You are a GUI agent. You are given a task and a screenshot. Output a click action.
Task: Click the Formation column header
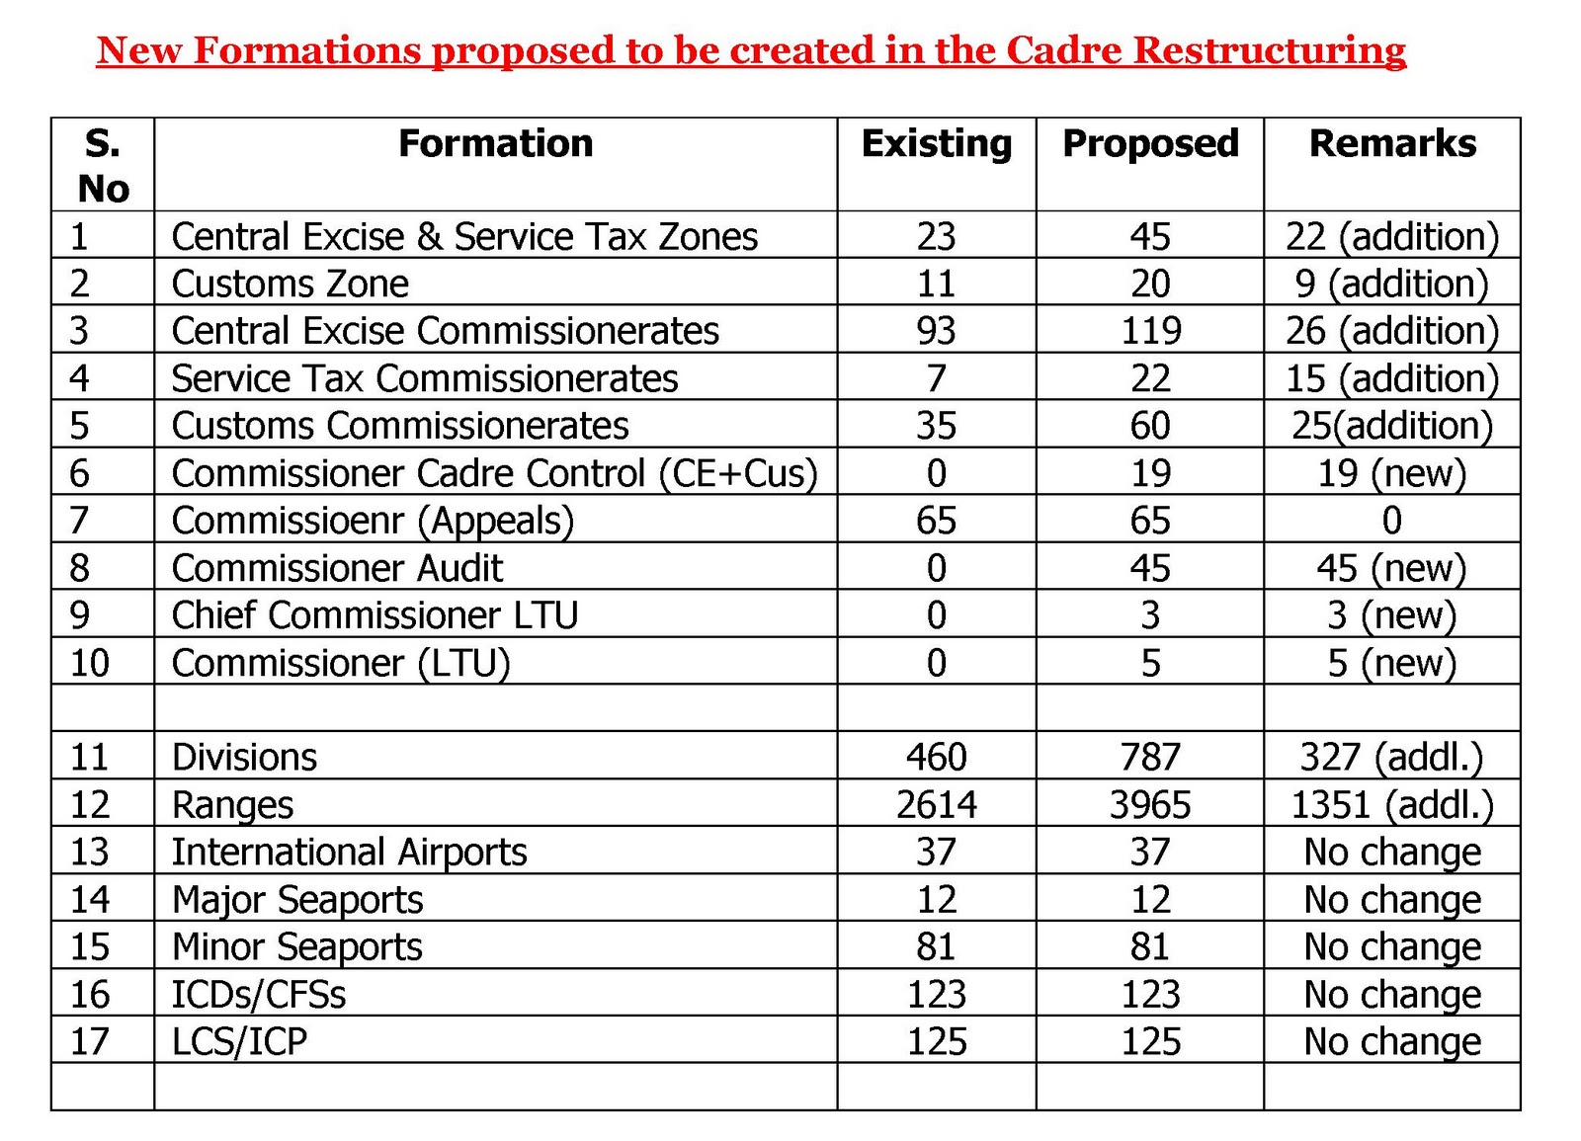[x=495, y=144]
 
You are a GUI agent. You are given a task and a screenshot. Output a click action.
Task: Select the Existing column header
[x=936, y=144]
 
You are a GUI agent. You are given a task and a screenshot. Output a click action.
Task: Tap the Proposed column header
[x=1149, y=144]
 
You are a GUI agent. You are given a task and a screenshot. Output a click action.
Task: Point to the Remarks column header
[x=1391, y=144]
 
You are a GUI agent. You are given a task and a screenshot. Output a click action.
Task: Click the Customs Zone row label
[x=290, y=285]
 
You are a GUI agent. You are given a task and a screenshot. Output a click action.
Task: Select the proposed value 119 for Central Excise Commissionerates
[x=1150, y=331]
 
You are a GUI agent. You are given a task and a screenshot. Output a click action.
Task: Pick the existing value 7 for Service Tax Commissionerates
[x=936, y=378]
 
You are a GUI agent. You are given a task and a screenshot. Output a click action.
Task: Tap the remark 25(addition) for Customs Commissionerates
[x=1391, y=426]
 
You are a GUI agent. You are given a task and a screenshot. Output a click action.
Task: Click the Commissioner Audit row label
[x=337, y=568]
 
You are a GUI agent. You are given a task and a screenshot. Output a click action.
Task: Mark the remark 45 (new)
[x=1391, y=568]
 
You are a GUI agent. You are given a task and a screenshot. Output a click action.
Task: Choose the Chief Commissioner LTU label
[x=374, y=615]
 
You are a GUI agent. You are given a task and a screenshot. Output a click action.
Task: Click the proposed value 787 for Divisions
[x=1150, y=758]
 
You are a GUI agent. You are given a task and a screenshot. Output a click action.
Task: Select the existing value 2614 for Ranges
[x=936, y=805]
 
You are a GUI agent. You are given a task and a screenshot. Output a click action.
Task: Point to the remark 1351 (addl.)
[x=1391, y=805]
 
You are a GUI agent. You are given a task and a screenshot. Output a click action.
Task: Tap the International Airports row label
[x=349, y=852]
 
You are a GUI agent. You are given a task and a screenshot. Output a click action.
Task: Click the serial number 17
[x=89, y=1041]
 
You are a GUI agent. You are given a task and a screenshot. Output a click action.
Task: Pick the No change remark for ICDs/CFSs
[x=1391, y=994]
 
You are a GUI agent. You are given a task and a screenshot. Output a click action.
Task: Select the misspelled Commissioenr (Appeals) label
[x=373, y=521]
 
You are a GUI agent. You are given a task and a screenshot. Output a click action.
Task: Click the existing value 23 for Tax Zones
[x=936, y=237]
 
